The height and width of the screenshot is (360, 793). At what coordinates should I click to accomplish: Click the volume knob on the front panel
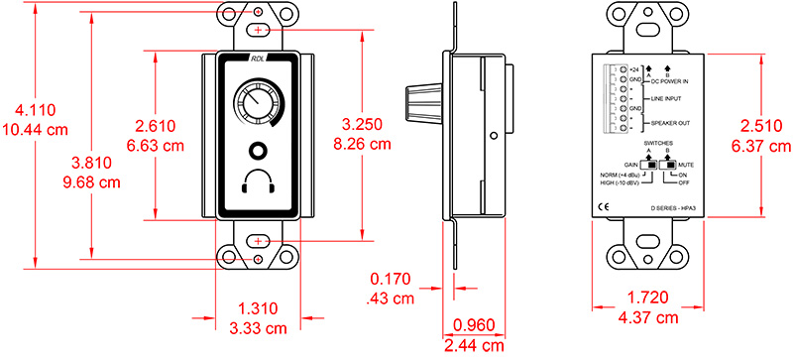point(255,106)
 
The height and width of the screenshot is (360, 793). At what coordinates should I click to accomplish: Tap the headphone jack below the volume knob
point(257,153)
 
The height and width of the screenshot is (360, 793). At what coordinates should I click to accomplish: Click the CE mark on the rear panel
point(604,207)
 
